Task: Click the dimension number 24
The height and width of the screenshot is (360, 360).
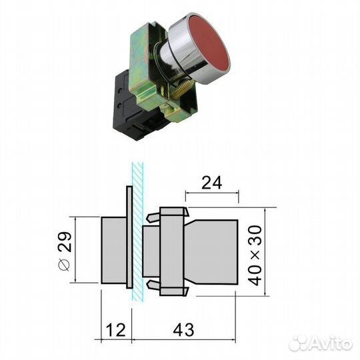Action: tap(211, 182)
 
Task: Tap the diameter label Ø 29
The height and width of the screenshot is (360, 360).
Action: tap(63, 253)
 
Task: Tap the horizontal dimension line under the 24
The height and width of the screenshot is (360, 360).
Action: tap(211, 194)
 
